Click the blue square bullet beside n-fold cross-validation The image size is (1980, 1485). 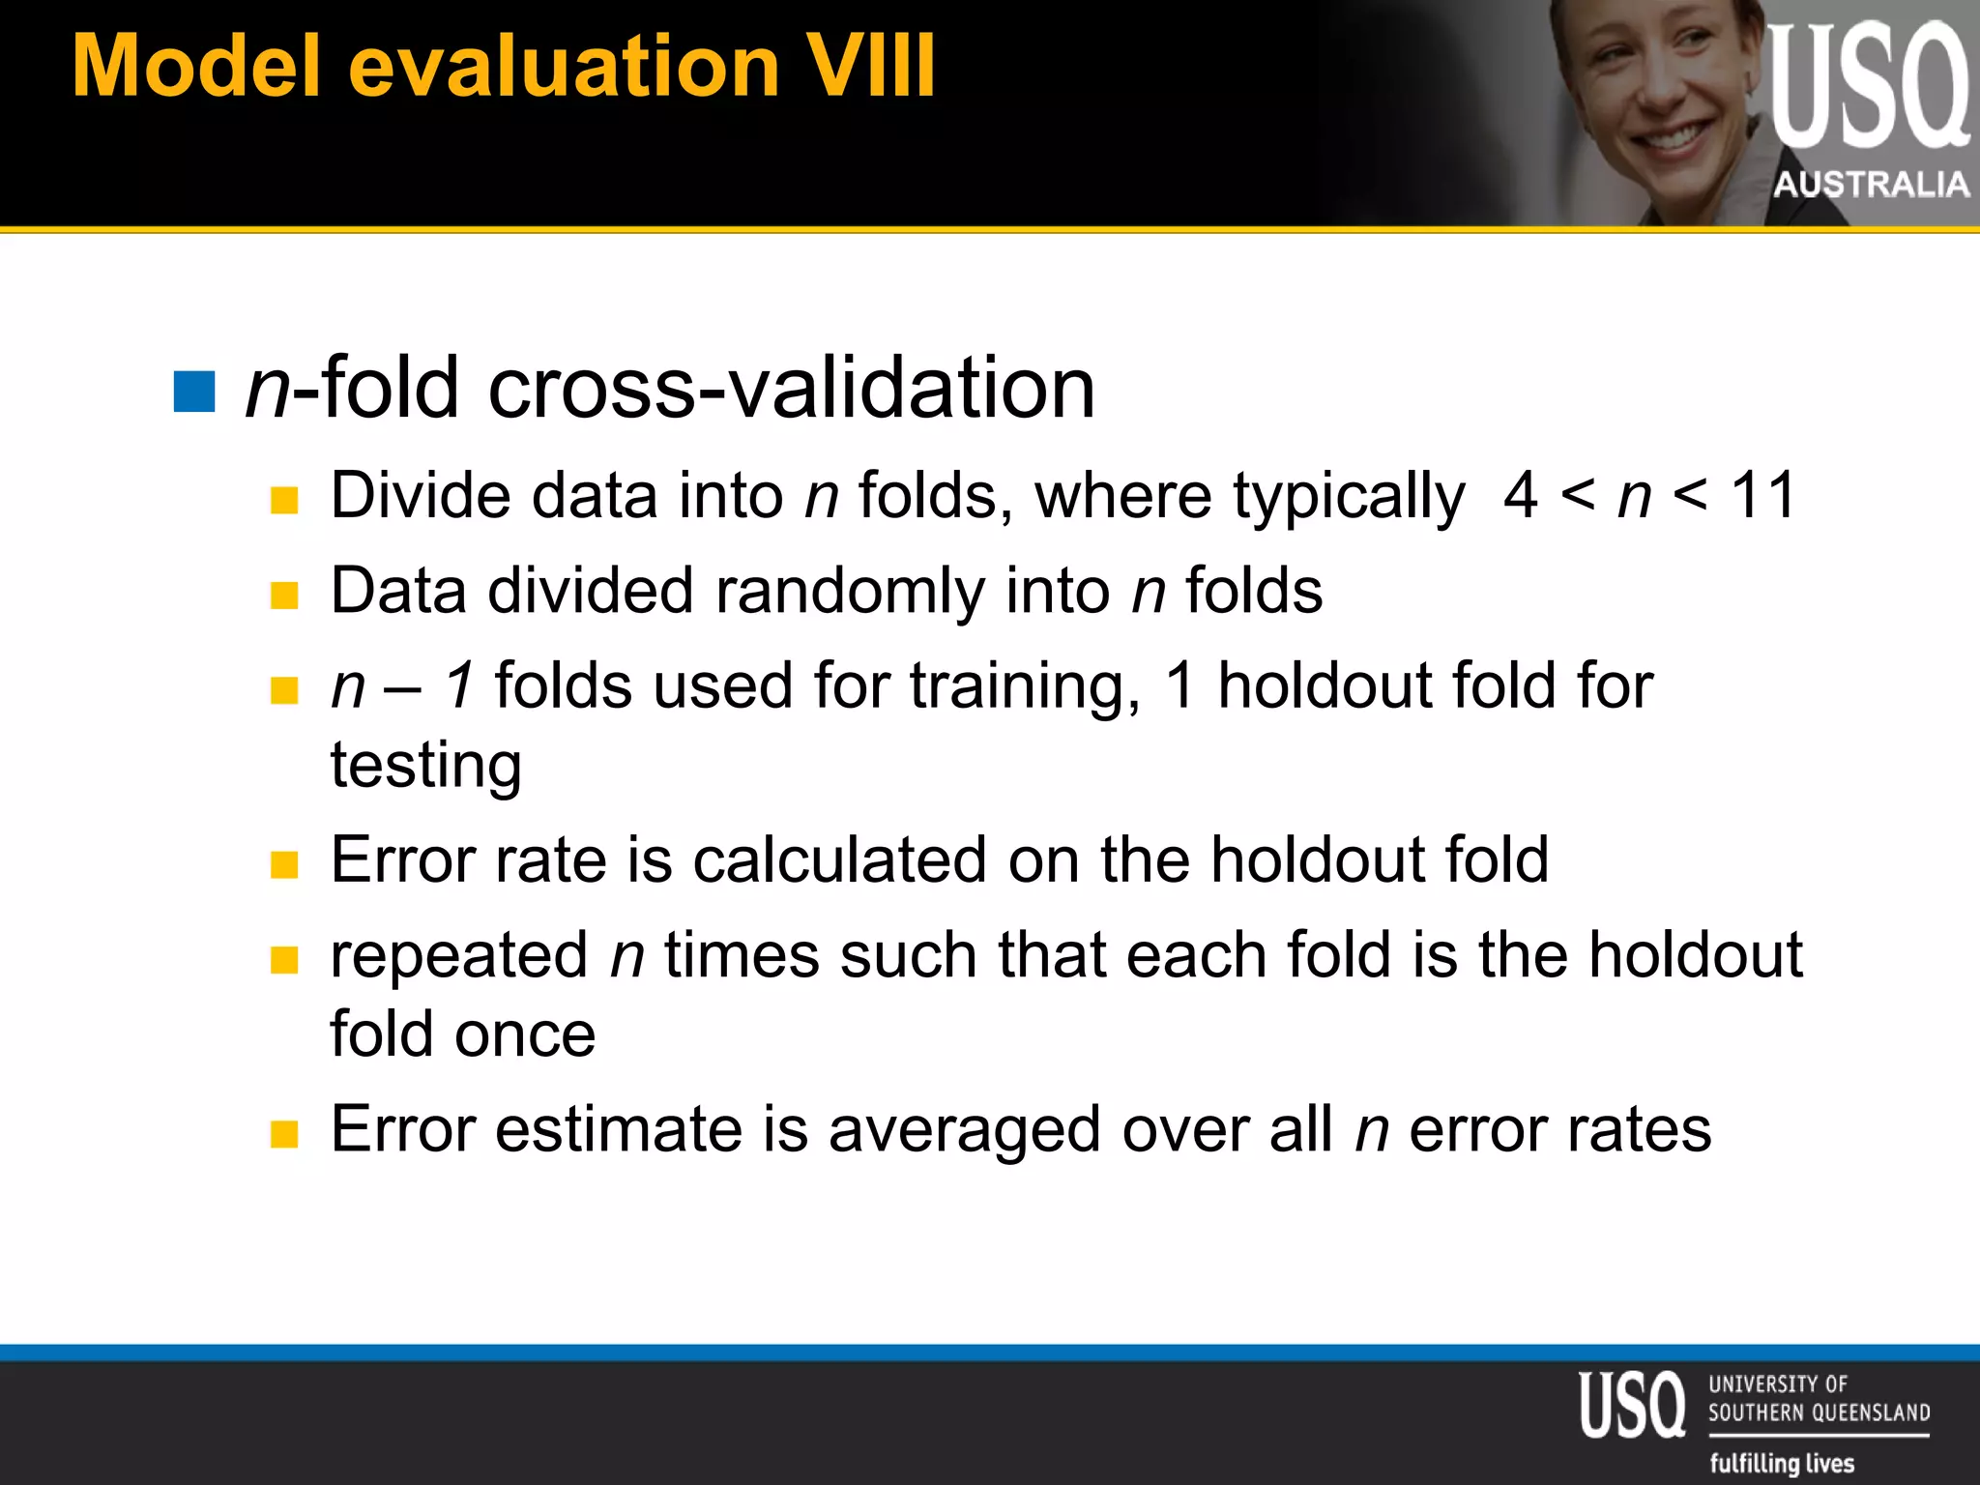tap(194, 392)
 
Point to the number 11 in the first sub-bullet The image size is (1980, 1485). tap(1762, 495)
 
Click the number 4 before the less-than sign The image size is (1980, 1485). tap(1520, 495)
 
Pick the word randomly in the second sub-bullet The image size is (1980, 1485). tap(850, 592)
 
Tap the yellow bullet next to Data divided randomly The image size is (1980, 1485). tap(284, 595)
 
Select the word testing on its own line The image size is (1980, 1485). tap(426, 765)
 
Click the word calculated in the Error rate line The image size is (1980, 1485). tap(839, 859)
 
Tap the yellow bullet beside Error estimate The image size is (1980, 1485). tap(284, 1133)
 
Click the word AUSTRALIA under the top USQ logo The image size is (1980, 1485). tap(1871, 184)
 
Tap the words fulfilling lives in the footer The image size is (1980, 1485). tap(1782, 1463)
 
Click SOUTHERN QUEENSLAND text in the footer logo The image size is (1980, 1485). tap(1819, 1412)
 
